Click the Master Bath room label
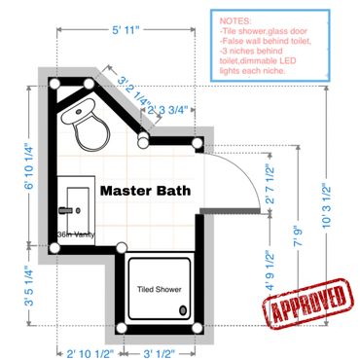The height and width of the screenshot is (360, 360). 145,191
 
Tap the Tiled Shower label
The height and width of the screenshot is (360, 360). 159,289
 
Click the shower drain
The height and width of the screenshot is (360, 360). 183,310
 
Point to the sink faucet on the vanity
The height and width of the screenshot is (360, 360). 65,210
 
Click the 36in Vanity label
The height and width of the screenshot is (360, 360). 76,234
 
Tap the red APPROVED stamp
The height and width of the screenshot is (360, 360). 307,304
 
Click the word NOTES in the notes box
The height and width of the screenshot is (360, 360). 235,21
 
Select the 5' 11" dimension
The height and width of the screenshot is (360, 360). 126,30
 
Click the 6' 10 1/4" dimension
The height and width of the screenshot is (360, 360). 29,166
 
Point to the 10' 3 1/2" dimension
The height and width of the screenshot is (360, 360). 326,205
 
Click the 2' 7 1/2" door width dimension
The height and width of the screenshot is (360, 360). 270,184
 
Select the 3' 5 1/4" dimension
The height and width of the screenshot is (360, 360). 29,286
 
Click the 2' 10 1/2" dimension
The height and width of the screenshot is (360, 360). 90,353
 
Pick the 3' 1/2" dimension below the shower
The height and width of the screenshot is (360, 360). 159,353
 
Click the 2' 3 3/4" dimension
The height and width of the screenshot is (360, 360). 167,110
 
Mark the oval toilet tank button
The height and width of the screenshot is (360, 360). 79,112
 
